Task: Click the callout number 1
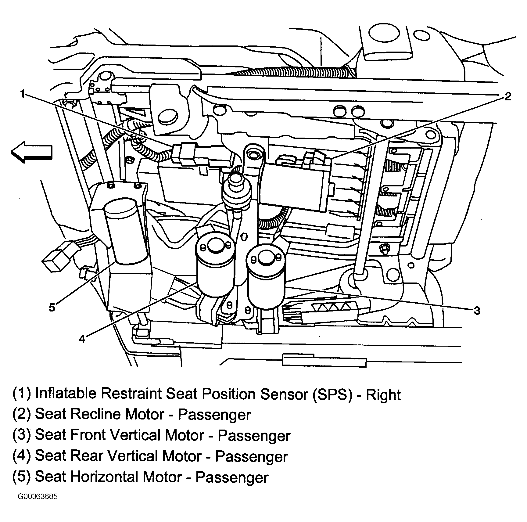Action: pos(23,94)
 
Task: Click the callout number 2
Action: pos(507,96)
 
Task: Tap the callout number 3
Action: pos(477,310)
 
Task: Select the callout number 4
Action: pos(82,338)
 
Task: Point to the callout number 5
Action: pos(52,307)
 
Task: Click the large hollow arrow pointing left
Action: pos(32,152)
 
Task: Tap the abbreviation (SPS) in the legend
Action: pos(332,394)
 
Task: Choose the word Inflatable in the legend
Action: pos(66,394)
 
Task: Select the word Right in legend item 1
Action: pos(383,394)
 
